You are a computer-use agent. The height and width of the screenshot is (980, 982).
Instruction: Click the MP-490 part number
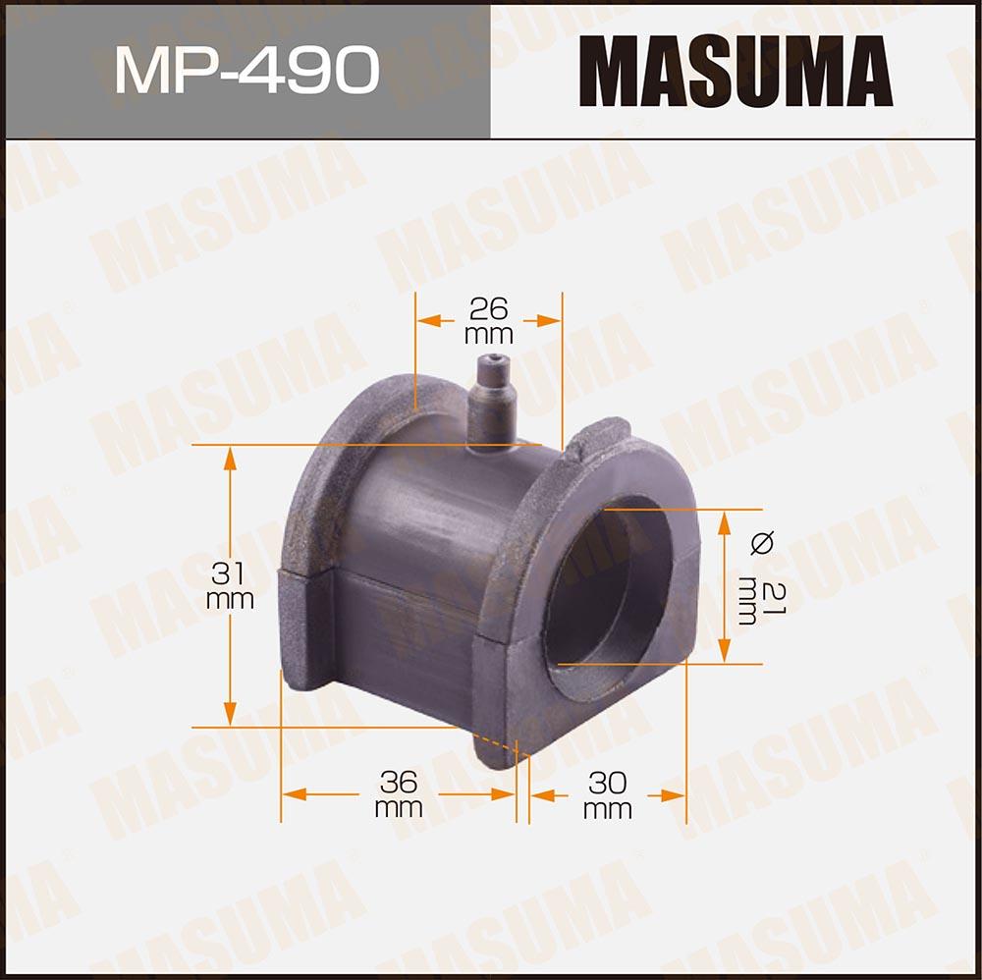tap(247, 70)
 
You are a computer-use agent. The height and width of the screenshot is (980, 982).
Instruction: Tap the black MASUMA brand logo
tap(736, 71)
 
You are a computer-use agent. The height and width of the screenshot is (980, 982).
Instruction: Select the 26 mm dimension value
tap(488, 321)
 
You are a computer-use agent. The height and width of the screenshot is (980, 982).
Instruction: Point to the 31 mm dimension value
tap(230, 585)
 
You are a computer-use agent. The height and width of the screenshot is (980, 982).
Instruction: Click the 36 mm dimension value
tap(399, 794)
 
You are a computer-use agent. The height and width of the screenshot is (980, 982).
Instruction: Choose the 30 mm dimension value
tap(607, 795)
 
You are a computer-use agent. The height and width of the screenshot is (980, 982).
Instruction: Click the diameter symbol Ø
tap(762, 542)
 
